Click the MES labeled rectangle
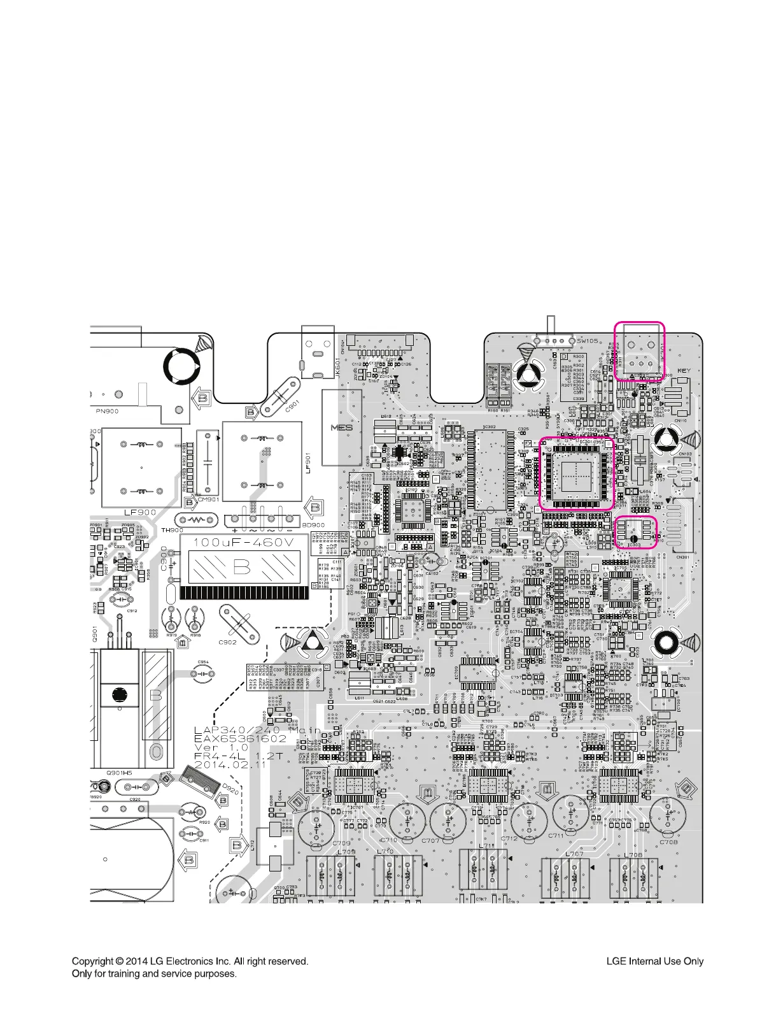click(x=342, y=427)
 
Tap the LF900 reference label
click(x=140, y=512)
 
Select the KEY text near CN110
click(x=684, y=371)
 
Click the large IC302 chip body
click(x=490, y=470)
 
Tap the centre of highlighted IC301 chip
click(x=575, y=472)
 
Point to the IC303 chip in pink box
click(x=637, y=533)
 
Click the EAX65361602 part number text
click(x=240, y=738)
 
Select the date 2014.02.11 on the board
click(x=230, y=764)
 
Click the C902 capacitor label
click(x=227, y=642)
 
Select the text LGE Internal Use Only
click(x=654, y=961)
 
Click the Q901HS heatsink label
click(x=119, y=773)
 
